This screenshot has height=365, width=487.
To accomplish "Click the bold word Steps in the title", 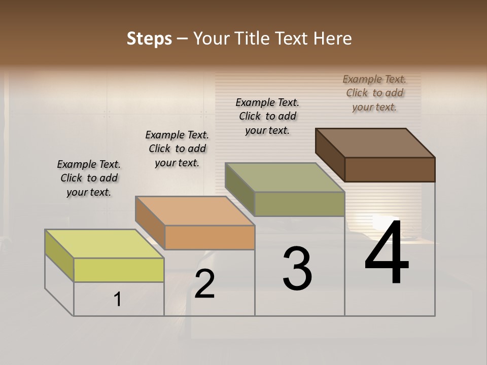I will click(x=149, y=39).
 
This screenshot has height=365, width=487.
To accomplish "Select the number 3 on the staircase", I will click(x=297, y=269).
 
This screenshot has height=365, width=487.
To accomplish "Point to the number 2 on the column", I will click(x=205, y=284).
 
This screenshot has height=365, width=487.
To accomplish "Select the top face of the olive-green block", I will click(x=285, y=177).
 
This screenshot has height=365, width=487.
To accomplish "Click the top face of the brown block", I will click(x=375, y=143).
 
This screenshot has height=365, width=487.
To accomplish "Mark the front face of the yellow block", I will click(x=119, y=270).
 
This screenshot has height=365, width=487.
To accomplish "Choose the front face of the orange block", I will click(x=210, y=237).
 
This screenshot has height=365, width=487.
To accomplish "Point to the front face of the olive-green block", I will click(x=299, y=204).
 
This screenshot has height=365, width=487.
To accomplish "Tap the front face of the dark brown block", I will click(x=390, y=169).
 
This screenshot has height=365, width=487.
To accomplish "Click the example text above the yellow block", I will click(x=89, y=178).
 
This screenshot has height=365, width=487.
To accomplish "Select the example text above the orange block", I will click(x=177, y=149).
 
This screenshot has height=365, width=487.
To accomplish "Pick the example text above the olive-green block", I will click(x=267, y=116).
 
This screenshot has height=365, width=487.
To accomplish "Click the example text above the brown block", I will click(x=374, y=93).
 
